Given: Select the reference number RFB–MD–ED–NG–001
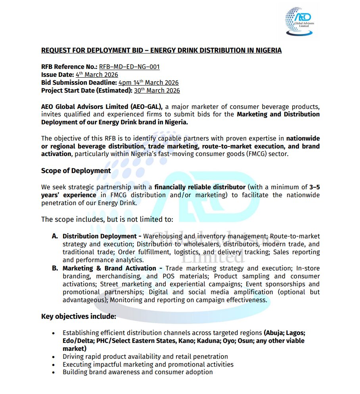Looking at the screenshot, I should click(129, 67).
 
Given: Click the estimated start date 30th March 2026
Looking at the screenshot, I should click(157, 90).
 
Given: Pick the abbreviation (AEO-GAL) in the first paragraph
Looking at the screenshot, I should click(149, 107).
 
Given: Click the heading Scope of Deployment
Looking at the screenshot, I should click(76, 171).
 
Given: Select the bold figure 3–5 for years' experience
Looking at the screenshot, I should click(314, 187).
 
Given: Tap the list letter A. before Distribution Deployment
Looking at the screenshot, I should click(55, 236).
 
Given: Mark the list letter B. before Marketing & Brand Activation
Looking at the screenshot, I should click(55, 268).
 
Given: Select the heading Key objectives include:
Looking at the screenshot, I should click(79, 316).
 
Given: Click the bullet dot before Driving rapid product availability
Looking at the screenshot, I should click(54, 356).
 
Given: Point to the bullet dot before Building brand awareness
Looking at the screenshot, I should click(54, 372).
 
